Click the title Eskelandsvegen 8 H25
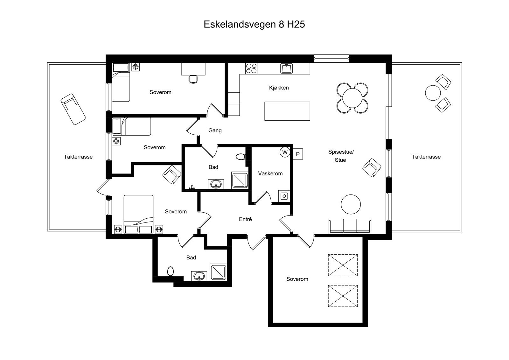point(254,25)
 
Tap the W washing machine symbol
point(285,152)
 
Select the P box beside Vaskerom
point(298,154)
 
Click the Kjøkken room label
point(279,88)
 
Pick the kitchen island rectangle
point(287,111)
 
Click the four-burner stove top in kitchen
point(251,68)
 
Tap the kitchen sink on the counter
point(286,68)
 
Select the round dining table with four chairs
point(352,98)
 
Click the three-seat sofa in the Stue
point(350,226)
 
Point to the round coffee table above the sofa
point(351,204)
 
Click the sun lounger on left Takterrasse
point(73,109)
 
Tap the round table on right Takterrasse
point(433,93)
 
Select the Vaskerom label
point(270,174)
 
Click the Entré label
point(245,219)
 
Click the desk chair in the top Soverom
point(193,79)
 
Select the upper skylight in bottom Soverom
point(343,265)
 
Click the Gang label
point(215,131)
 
